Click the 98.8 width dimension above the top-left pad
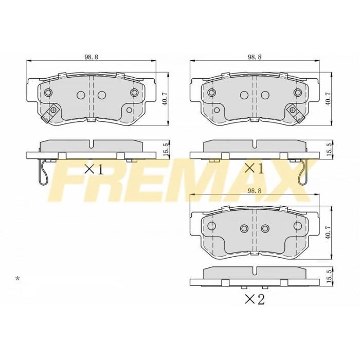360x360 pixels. coord(91,57)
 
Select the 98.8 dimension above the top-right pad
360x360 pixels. coord(254,57)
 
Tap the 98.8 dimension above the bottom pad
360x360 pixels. coord(254,191)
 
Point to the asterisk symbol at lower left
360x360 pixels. coord(17,279)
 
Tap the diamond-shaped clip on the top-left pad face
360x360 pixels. coord(52,112)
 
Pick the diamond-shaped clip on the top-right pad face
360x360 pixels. coord(294,110)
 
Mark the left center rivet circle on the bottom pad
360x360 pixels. coord(244,228)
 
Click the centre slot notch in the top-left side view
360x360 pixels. coord(91,145)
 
